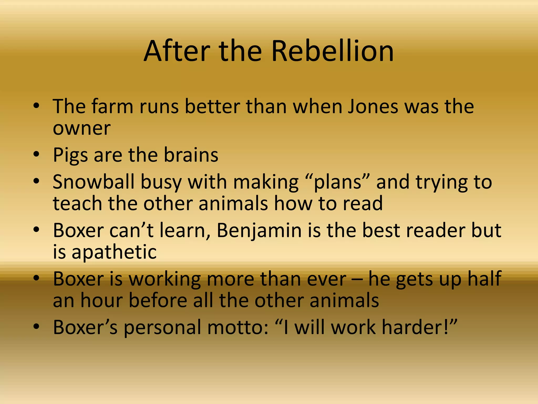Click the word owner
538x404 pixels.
(x=82, y=129)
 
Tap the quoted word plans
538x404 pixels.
(x=338, y=182)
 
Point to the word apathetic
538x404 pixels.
(x=114, y=252)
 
